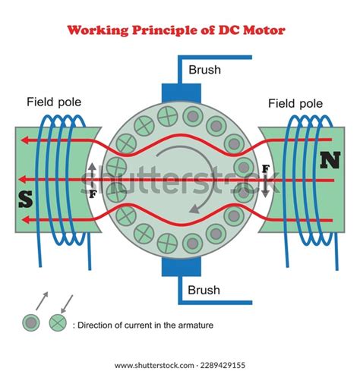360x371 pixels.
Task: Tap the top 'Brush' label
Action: pyautogui.click(x=205, y=70)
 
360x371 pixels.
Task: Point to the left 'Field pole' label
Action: pyautogui.click(x=54, y=101)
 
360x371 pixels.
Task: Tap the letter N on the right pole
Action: pyautogui.click(x=330, y=161)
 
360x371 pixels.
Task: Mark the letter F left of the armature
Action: pyautogui.click(x=92, y=193)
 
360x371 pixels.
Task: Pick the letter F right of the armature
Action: pyautogui.click(x=265, y=168)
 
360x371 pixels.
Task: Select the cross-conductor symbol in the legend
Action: pyautogui.click(x=55, y=323)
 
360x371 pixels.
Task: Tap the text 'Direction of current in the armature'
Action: pyautogui.click(x=144, y=325)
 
